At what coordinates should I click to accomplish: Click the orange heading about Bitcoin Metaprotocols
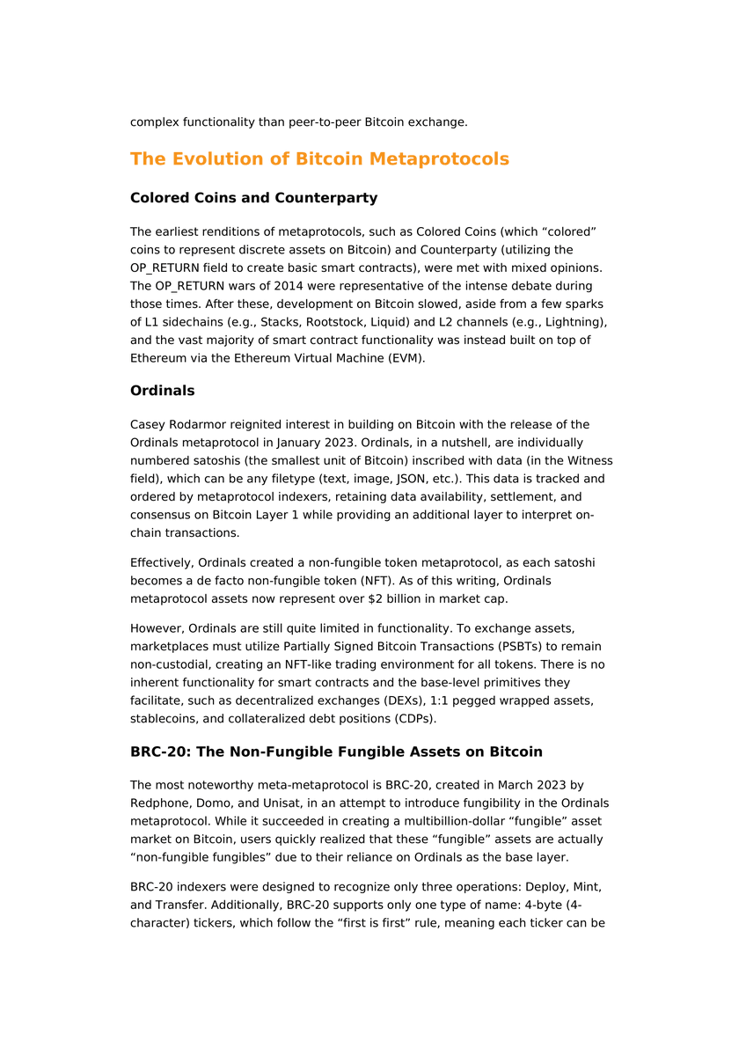point(319,159)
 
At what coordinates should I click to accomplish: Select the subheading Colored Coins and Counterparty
point(253,198)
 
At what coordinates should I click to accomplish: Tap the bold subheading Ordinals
point(162,390)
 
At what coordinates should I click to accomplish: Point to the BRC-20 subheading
point(336,752)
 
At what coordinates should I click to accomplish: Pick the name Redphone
point(158,803)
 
